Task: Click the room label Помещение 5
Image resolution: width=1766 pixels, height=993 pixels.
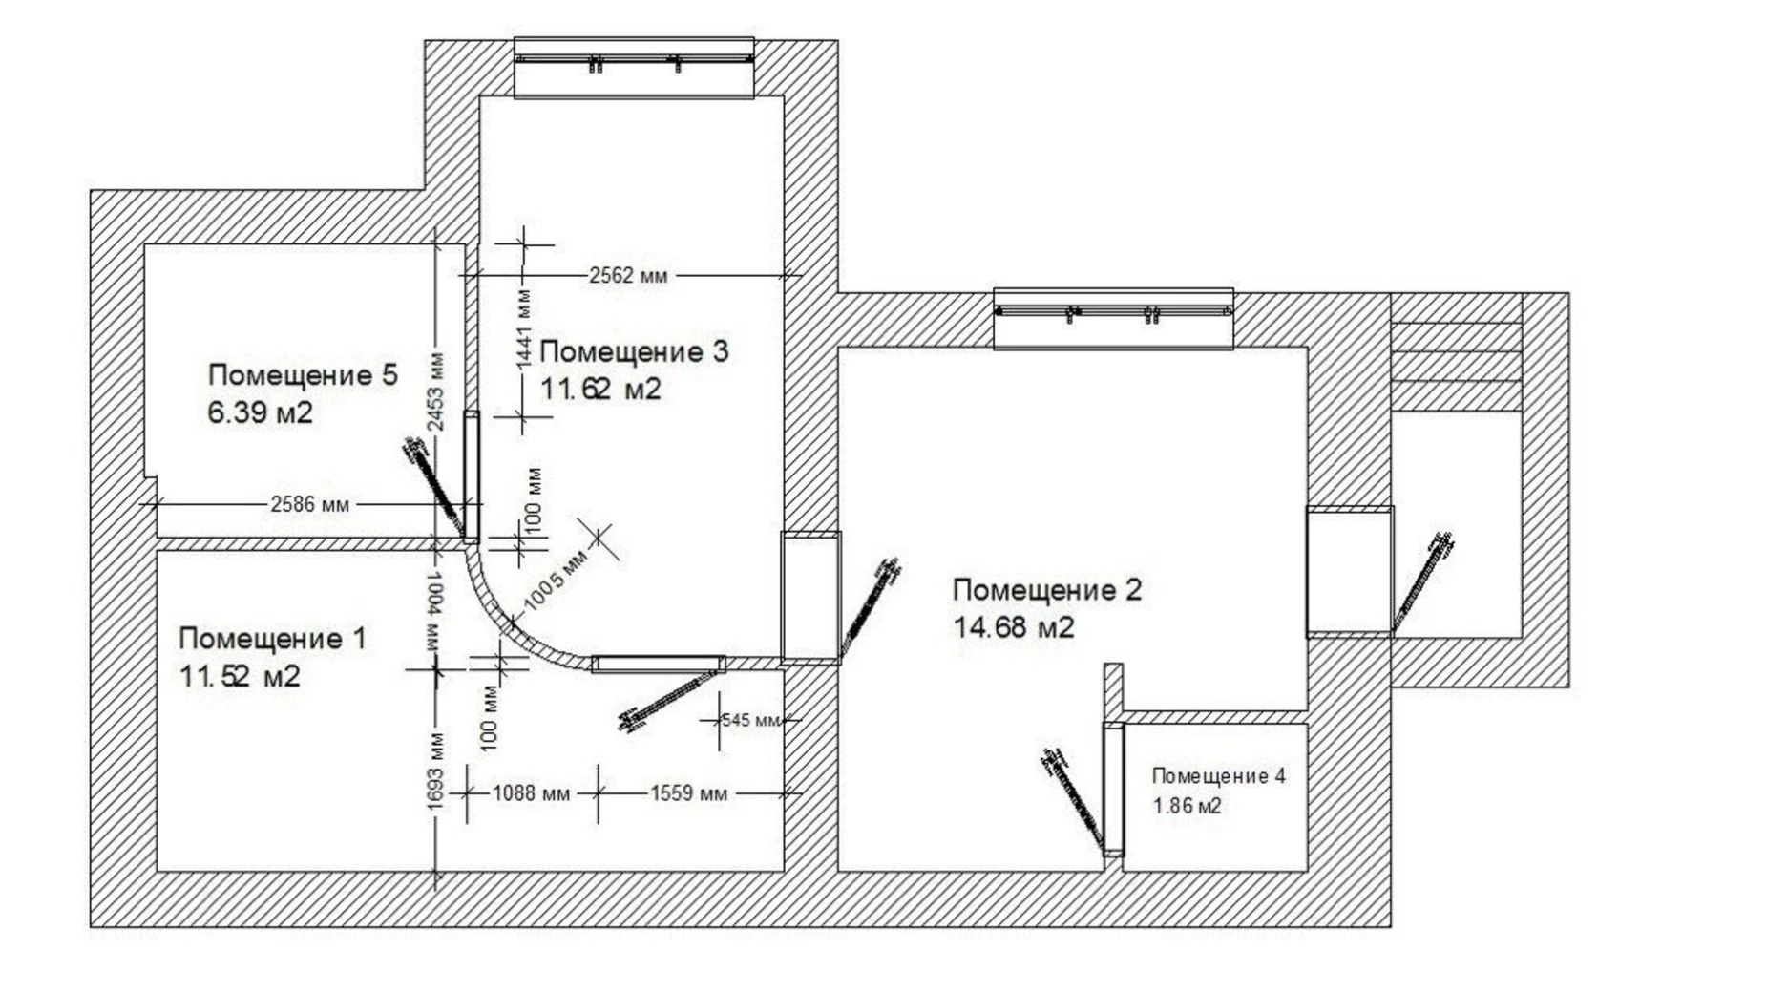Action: coord(303,375)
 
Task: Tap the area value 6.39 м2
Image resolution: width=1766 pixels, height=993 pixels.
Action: coord(260,413)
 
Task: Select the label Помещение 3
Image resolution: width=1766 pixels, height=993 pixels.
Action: coord(634,352)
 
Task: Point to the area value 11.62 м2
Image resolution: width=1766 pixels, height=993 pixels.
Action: coord(600,390)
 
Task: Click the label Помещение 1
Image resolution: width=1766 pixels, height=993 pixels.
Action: coord(272,639)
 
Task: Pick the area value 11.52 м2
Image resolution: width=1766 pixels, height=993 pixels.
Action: coord(240,677)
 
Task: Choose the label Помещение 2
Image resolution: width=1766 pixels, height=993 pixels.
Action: coord(1047,590)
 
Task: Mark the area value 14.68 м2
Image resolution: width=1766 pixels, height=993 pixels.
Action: coord(1014,627)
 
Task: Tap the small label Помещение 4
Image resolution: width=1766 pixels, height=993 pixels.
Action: coord(1219,776)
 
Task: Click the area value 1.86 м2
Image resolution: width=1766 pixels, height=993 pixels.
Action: coord(1188,806)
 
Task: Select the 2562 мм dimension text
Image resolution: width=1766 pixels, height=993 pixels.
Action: coord(628,276)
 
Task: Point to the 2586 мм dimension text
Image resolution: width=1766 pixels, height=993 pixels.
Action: coord(309,504)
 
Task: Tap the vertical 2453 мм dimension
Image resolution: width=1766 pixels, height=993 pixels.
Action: coord(436,391)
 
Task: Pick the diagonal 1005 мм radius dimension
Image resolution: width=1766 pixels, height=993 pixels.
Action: coord(555,581)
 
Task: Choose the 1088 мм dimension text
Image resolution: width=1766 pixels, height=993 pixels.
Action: coord(531,793)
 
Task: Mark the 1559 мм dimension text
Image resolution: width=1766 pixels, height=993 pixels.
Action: coord(688,793)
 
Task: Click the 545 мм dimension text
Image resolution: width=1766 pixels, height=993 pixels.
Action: coord(751,720)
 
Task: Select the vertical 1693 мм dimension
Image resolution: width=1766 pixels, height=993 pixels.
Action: coord(436,771)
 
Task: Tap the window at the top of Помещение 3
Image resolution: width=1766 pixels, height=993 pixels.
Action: coord(635,67)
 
